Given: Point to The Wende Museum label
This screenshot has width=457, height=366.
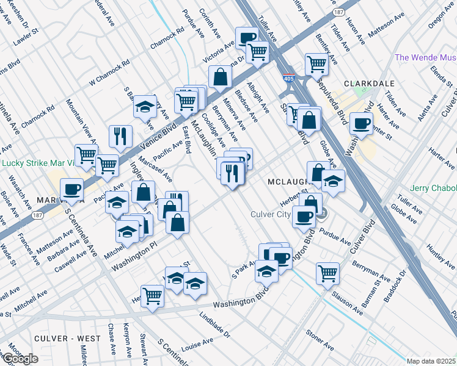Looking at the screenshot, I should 426,57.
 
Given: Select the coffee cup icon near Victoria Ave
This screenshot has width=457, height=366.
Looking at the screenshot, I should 246,38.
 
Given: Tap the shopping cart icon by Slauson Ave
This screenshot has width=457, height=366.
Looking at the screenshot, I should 328,273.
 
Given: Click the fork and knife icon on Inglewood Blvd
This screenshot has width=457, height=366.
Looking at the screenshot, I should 120,136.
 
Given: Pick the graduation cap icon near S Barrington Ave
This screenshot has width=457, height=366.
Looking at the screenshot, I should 144,107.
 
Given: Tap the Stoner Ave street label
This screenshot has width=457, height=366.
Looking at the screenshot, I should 320,342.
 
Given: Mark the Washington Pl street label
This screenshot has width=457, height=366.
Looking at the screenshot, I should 136,254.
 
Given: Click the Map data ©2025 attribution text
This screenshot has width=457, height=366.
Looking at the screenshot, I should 431,361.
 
